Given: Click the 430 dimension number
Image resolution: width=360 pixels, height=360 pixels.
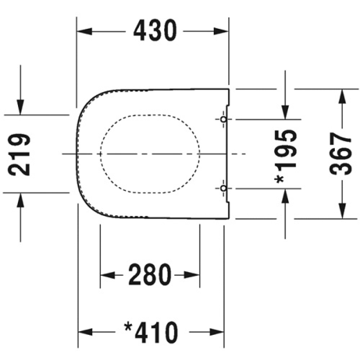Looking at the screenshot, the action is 155,31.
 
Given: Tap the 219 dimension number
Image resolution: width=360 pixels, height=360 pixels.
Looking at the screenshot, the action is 19,154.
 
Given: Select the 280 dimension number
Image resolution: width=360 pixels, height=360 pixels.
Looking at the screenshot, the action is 150,274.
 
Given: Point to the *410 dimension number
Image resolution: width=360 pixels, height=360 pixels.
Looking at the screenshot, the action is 151,332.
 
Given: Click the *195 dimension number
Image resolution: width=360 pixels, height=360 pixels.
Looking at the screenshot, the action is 286,157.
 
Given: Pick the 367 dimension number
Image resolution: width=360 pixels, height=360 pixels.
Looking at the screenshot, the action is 341,154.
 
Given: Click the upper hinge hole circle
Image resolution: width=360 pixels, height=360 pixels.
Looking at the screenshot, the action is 223,119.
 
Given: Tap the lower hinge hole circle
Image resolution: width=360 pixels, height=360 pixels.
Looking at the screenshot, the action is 223,189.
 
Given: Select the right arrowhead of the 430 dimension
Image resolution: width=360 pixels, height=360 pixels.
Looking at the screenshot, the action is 221,31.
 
